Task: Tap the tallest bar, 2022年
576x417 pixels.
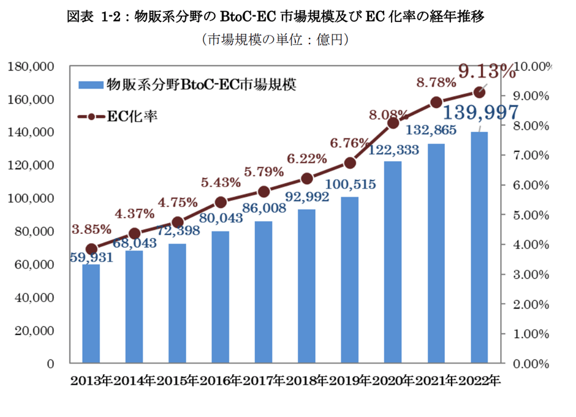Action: coord(479,247)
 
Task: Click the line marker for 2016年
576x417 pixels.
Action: coord(221,202)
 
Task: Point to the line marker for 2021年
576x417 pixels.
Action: coord(436,102)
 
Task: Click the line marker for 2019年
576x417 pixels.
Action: coord(350,162)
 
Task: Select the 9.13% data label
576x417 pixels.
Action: coord(487,72)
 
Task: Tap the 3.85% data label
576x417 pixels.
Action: coord(91,230)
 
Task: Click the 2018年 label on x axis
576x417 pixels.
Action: coord(307,381)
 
